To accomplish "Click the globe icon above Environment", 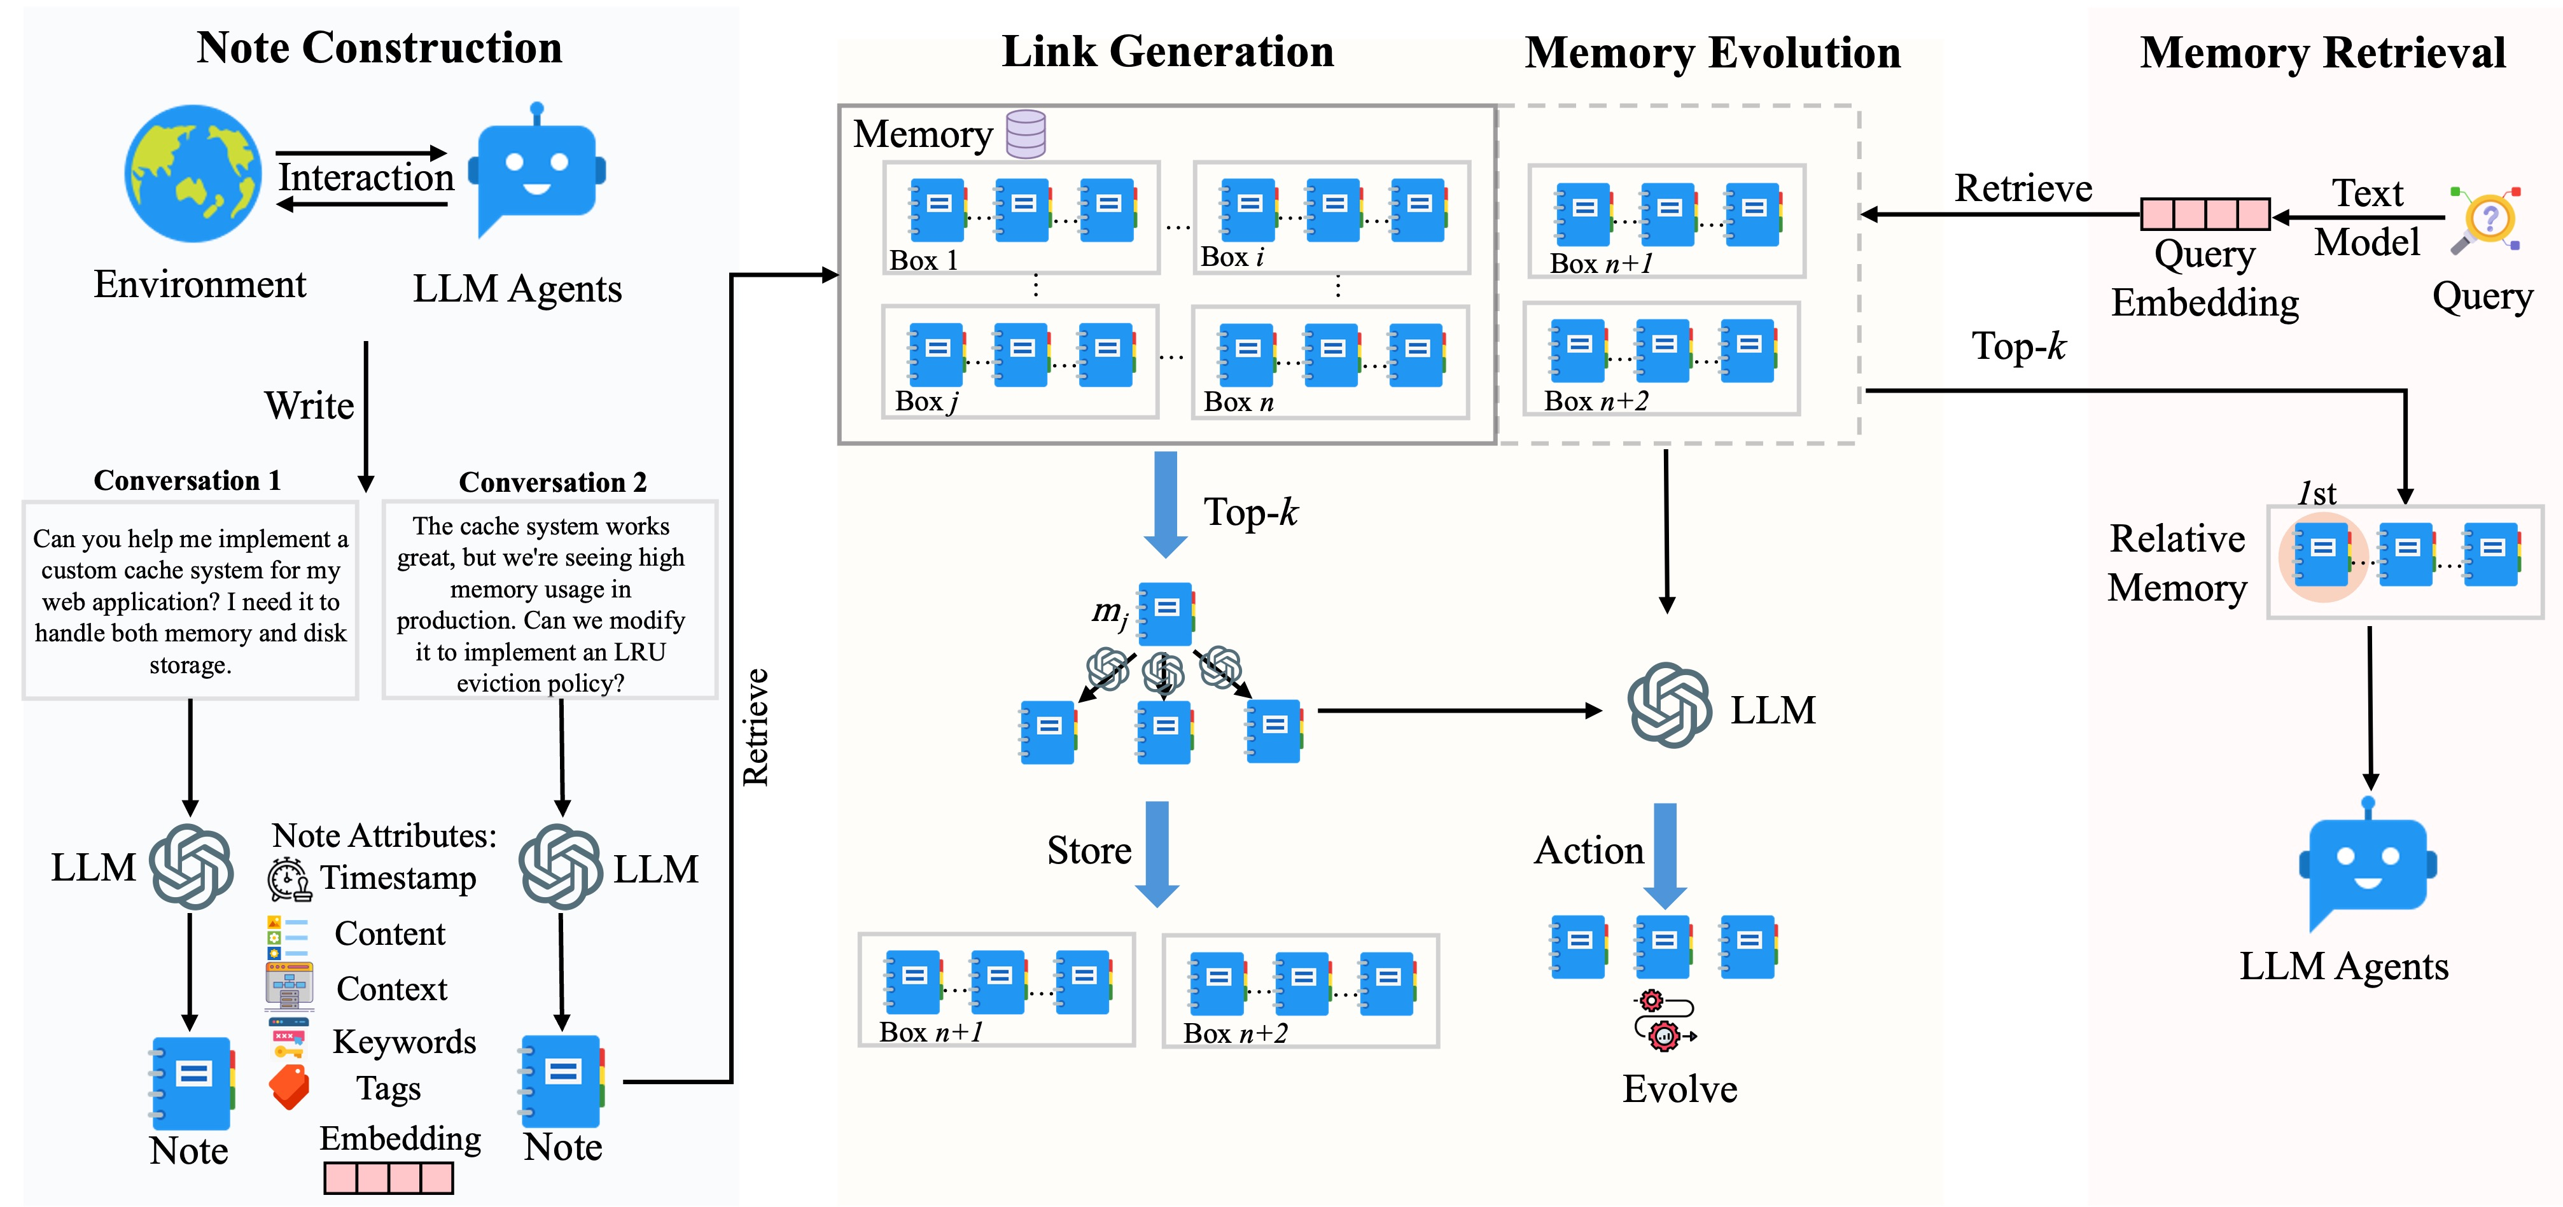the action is click(x=193, y=174).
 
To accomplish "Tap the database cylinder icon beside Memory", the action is click(x=1026, y=134).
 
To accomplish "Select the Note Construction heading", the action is click(x=379, y=48).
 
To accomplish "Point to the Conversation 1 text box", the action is click(x=190, y=600).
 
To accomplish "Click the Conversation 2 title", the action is click(x=552, y=482).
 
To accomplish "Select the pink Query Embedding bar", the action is click(x=2206, y=214).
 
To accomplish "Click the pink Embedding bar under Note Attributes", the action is click(x=388, y=1178).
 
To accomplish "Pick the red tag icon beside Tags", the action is click(x=290, y=1087).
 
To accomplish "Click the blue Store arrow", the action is click(x=1157, y=854).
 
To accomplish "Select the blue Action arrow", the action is click(x=1665, y=856).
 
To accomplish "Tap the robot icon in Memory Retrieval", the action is click(x=2368, y=863).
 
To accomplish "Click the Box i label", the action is click(x=1232, y=256).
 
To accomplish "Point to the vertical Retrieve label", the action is click(x=755, y=727).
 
